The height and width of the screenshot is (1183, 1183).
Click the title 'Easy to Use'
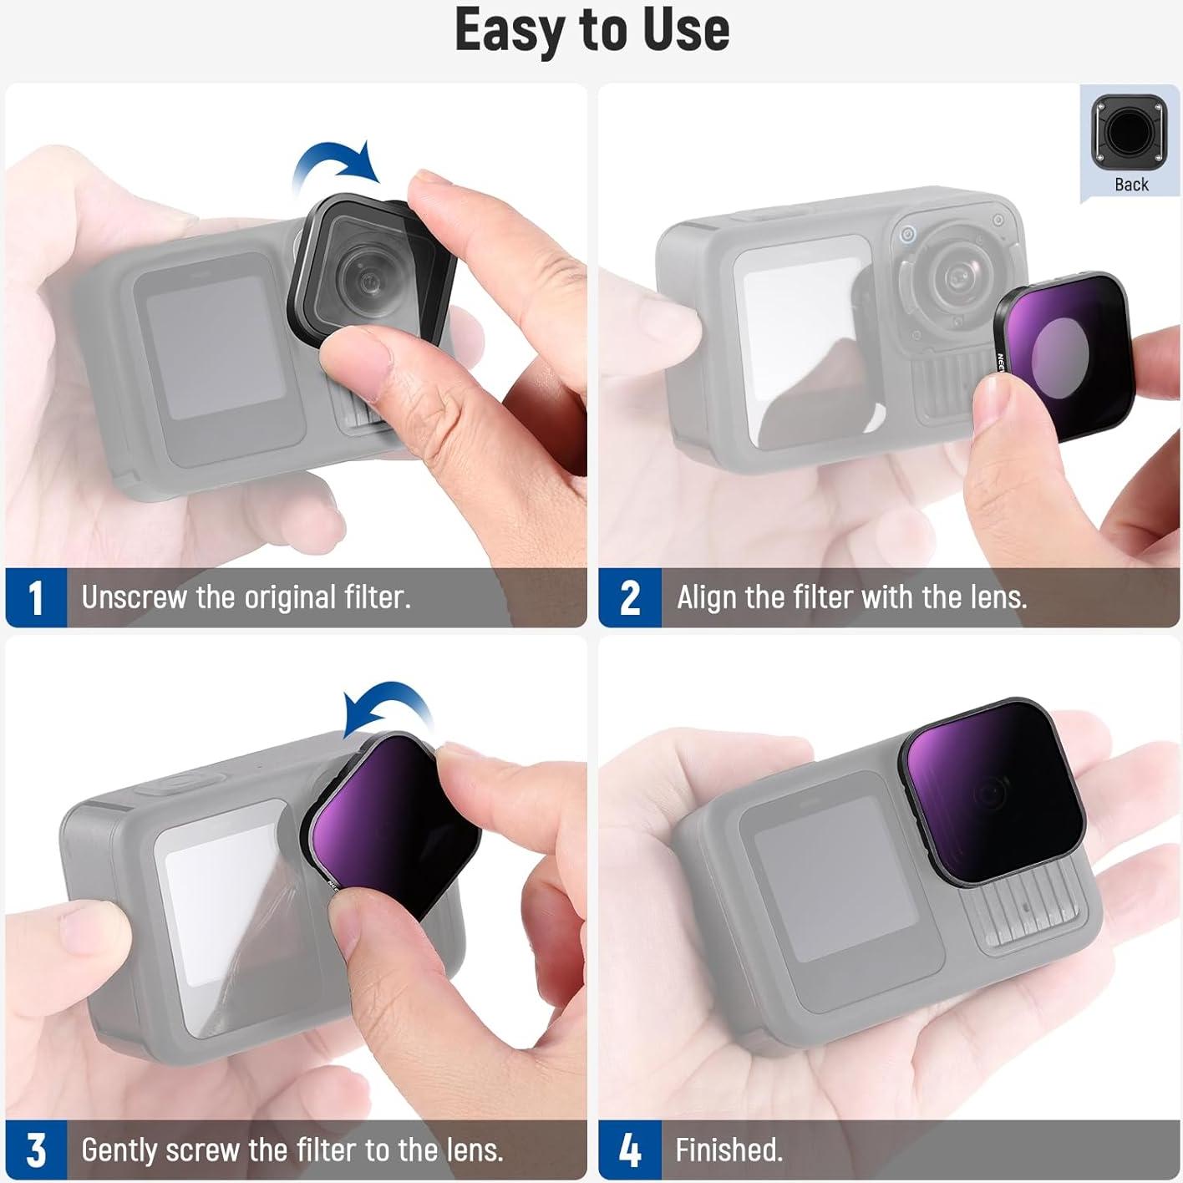point(591,30)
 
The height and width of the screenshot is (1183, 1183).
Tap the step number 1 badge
point(35,598)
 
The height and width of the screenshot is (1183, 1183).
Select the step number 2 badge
point(630,598)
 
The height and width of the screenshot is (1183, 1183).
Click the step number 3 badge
point(35,1150)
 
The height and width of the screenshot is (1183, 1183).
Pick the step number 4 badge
point(630,1150)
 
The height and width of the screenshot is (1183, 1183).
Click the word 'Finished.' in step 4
point(729,1150)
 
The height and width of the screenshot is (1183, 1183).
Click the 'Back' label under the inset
point(1131,185)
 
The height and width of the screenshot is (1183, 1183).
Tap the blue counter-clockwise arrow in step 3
point(388,707)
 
